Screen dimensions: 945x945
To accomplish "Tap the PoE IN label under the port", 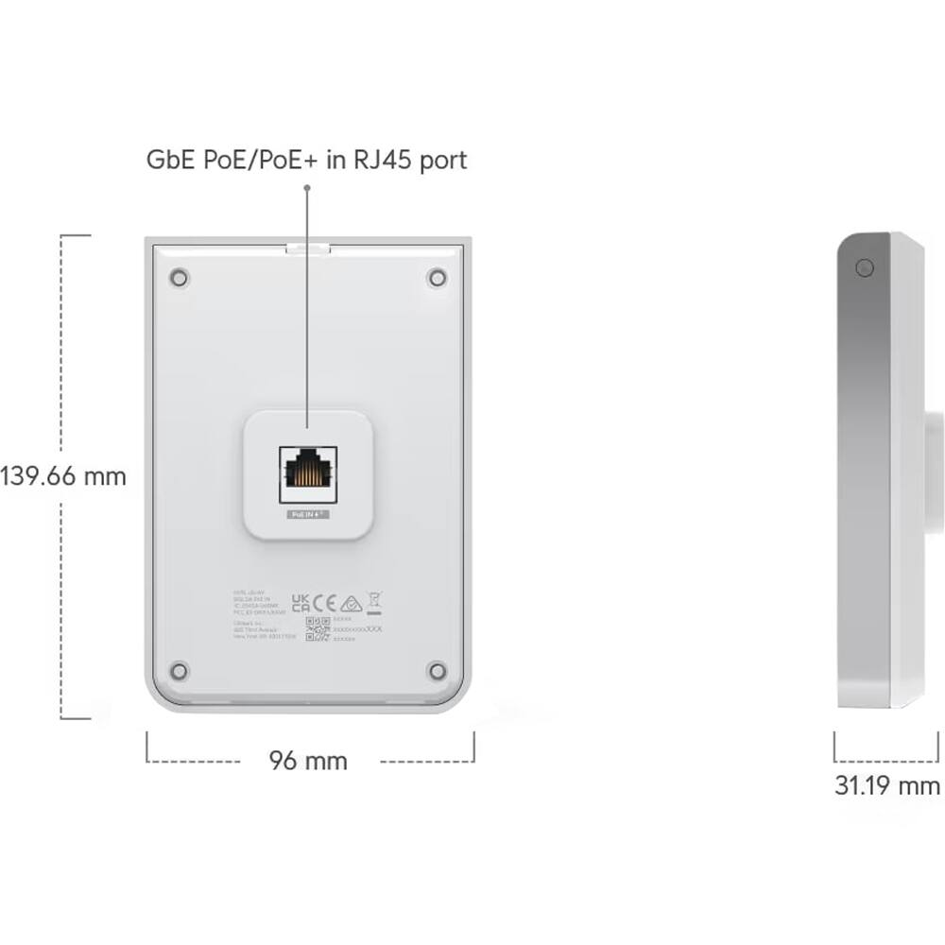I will (305, 515).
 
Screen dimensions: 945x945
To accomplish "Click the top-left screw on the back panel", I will (179, 278).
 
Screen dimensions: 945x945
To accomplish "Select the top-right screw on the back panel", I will (437, 278).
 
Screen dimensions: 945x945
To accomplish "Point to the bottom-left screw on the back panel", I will (179, 671).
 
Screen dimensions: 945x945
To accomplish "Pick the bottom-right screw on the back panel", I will (437, 671).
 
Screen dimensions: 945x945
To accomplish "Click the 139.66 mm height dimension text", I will (62, 475).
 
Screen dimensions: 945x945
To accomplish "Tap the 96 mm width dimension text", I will (308, 761).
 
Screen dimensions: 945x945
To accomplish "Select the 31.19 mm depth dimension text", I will (886, 785).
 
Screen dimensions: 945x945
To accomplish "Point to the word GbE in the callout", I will (168, 160).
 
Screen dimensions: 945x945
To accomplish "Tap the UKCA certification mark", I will (301, 603).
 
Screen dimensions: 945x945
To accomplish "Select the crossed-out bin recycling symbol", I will (374, 600).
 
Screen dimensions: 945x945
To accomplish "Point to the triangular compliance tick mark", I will (351, 602).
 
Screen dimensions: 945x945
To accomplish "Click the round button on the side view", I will (864, 268).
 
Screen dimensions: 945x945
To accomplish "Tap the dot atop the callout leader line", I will (307, 187).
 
